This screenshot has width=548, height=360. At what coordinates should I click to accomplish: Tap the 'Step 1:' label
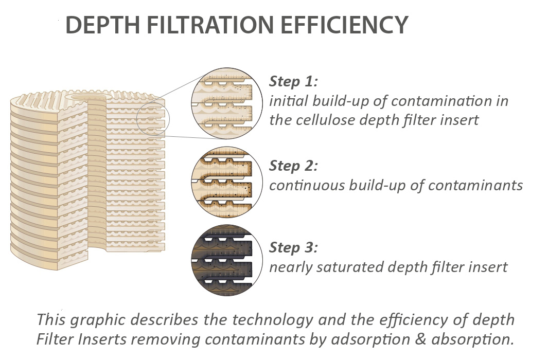tap(294, 82)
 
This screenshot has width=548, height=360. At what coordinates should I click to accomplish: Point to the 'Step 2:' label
tap(294, 166)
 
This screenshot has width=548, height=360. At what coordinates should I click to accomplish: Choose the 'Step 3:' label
tap(294, 248)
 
